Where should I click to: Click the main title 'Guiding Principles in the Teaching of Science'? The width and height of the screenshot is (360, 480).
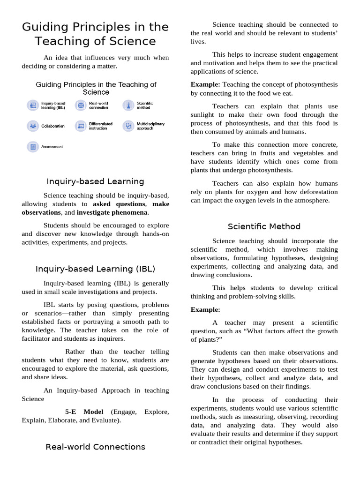[x=95, y=34]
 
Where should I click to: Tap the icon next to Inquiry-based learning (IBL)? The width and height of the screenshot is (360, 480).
[x=33, y=105]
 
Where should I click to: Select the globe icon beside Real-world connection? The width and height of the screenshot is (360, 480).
[x=81, y=105]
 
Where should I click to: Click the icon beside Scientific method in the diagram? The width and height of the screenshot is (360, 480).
[x=128, y=105]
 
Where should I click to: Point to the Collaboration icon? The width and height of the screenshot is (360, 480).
[x=33, y=126]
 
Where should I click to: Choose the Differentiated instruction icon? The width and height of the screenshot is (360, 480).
[x=81, y=126]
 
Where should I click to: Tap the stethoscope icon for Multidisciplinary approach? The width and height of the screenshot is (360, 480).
[x=128, y=126]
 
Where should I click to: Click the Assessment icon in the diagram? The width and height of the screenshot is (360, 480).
[x=33, y=147]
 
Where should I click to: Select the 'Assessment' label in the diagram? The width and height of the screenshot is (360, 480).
[x=52, y=147]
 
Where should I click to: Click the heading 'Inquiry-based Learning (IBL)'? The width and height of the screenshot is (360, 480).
[x=95, y=269]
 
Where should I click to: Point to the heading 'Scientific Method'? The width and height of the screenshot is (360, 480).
[x=264, y=226]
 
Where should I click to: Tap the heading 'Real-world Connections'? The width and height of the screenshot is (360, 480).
[x=95, y=447]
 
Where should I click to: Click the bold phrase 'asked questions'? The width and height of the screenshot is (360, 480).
[x=119, y=204]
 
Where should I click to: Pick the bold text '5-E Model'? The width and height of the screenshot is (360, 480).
[x=84, y=412]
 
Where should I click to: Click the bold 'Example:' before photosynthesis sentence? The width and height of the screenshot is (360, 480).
[x=205, y=84]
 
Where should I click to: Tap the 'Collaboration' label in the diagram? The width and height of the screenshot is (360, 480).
[x=53, y=126]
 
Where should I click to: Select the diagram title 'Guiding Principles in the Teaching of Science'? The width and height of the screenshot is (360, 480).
[x=96, y=88]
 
